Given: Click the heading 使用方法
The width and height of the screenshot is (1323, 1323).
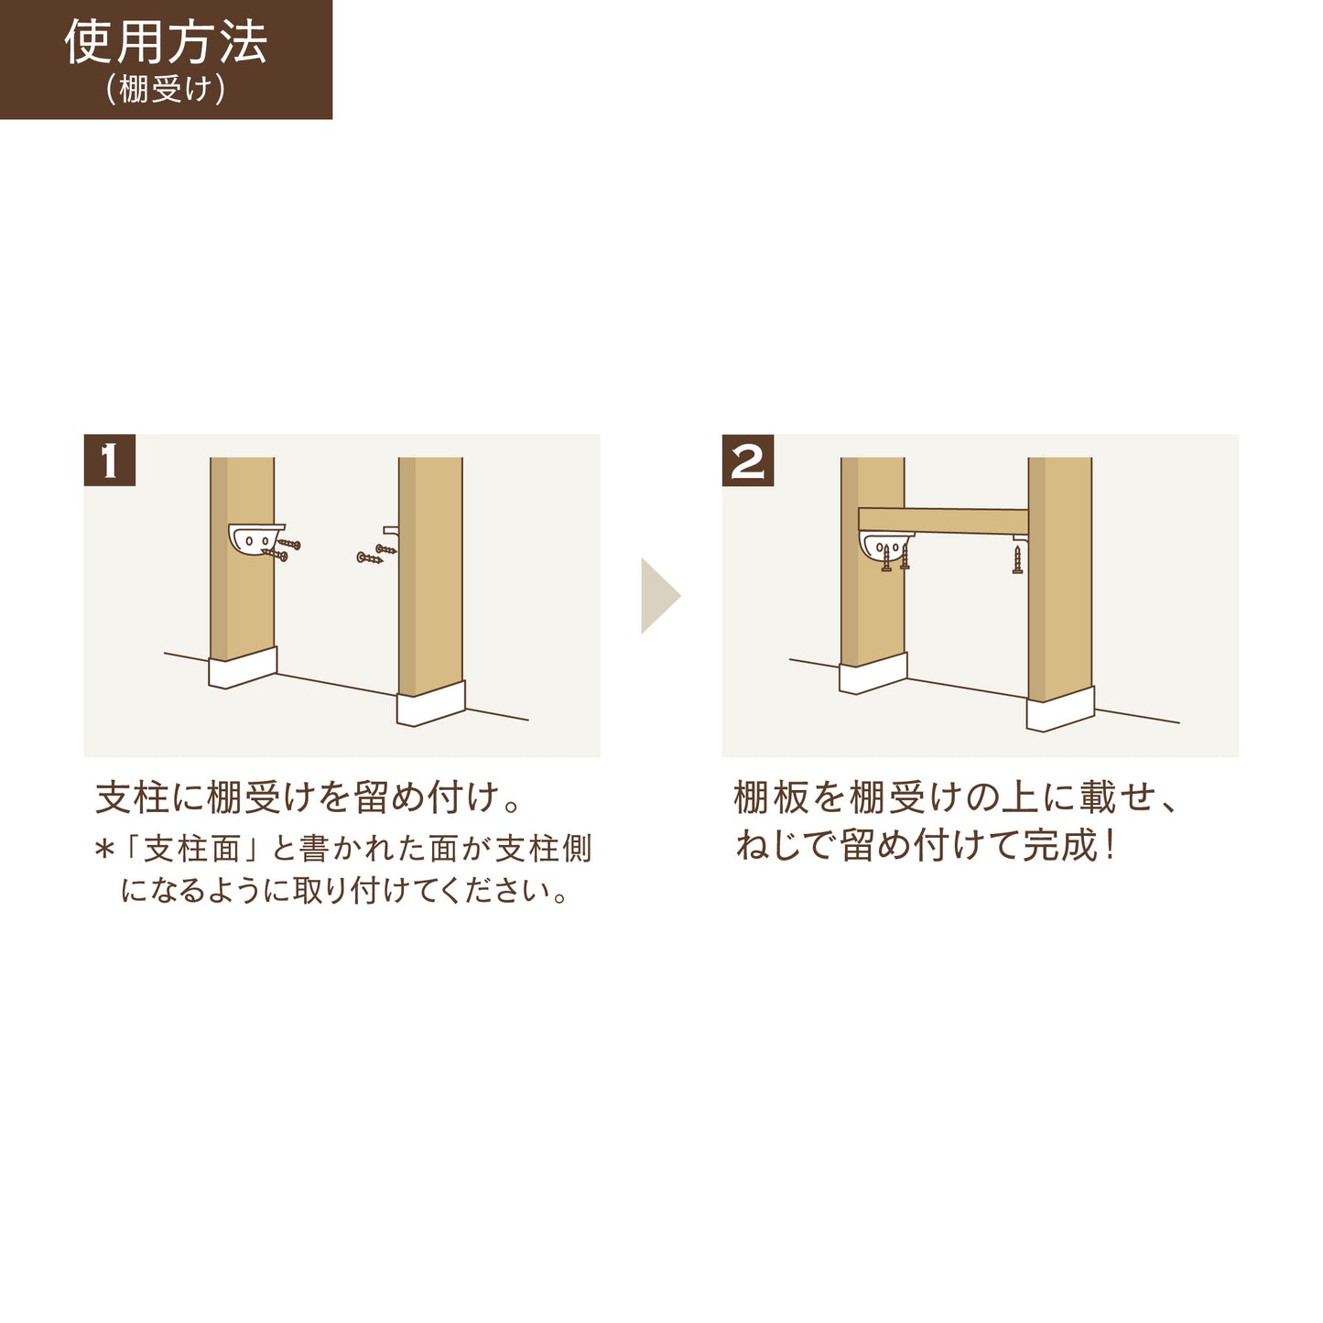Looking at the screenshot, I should click(x=166, y=42).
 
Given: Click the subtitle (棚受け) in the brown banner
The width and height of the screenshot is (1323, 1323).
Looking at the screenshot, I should click(x=166, y=89).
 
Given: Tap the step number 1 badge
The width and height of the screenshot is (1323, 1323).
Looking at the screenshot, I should click(x=110, y=461).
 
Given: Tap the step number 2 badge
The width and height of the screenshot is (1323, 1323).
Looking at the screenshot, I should click(x=748, y=461).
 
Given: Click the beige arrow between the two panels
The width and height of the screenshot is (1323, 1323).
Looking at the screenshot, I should click(x=658, y=596).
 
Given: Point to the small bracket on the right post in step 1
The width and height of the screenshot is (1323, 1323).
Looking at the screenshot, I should click(x=391, y=530).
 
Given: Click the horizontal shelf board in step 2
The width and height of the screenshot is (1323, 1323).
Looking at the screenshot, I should click(x=943, y=521).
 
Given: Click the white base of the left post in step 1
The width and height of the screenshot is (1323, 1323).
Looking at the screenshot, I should click(x=243, y=668).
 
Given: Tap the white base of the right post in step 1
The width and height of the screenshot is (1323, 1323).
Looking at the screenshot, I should click(x=430, y=705).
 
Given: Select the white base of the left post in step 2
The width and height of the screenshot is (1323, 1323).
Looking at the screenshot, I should click(x=873, y=676).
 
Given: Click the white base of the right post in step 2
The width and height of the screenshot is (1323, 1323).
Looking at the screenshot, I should click(x=1060, y=710).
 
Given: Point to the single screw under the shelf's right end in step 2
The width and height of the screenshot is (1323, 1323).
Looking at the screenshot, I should click(x=1017, y=558).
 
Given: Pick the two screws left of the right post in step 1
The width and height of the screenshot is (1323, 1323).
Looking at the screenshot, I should click(x=376, y=554).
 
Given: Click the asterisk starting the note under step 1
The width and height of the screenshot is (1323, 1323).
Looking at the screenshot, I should click(x=103, y=851).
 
